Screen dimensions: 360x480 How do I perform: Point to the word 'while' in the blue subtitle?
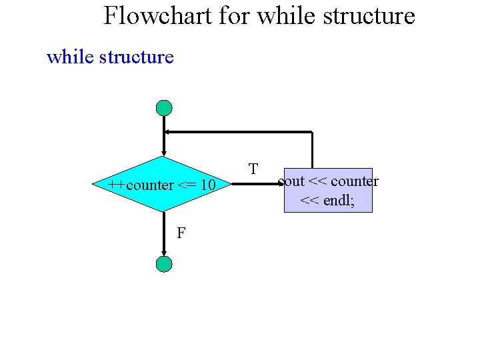69,57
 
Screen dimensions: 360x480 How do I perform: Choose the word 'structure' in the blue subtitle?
136,57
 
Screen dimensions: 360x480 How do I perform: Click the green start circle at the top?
164,108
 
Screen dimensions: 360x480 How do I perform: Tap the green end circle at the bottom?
164,264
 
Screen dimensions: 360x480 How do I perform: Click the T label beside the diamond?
253,169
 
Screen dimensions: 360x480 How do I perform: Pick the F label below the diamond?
181,233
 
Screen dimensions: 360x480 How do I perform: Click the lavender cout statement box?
328,190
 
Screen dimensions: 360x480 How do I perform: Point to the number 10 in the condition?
207,185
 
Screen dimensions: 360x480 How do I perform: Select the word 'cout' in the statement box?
291,181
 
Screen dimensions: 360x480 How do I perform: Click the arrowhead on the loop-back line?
169,132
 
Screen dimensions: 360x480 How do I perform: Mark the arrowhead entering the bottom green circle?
164,253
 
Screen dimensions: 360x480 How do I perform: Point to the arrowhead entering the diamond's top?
164,153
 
